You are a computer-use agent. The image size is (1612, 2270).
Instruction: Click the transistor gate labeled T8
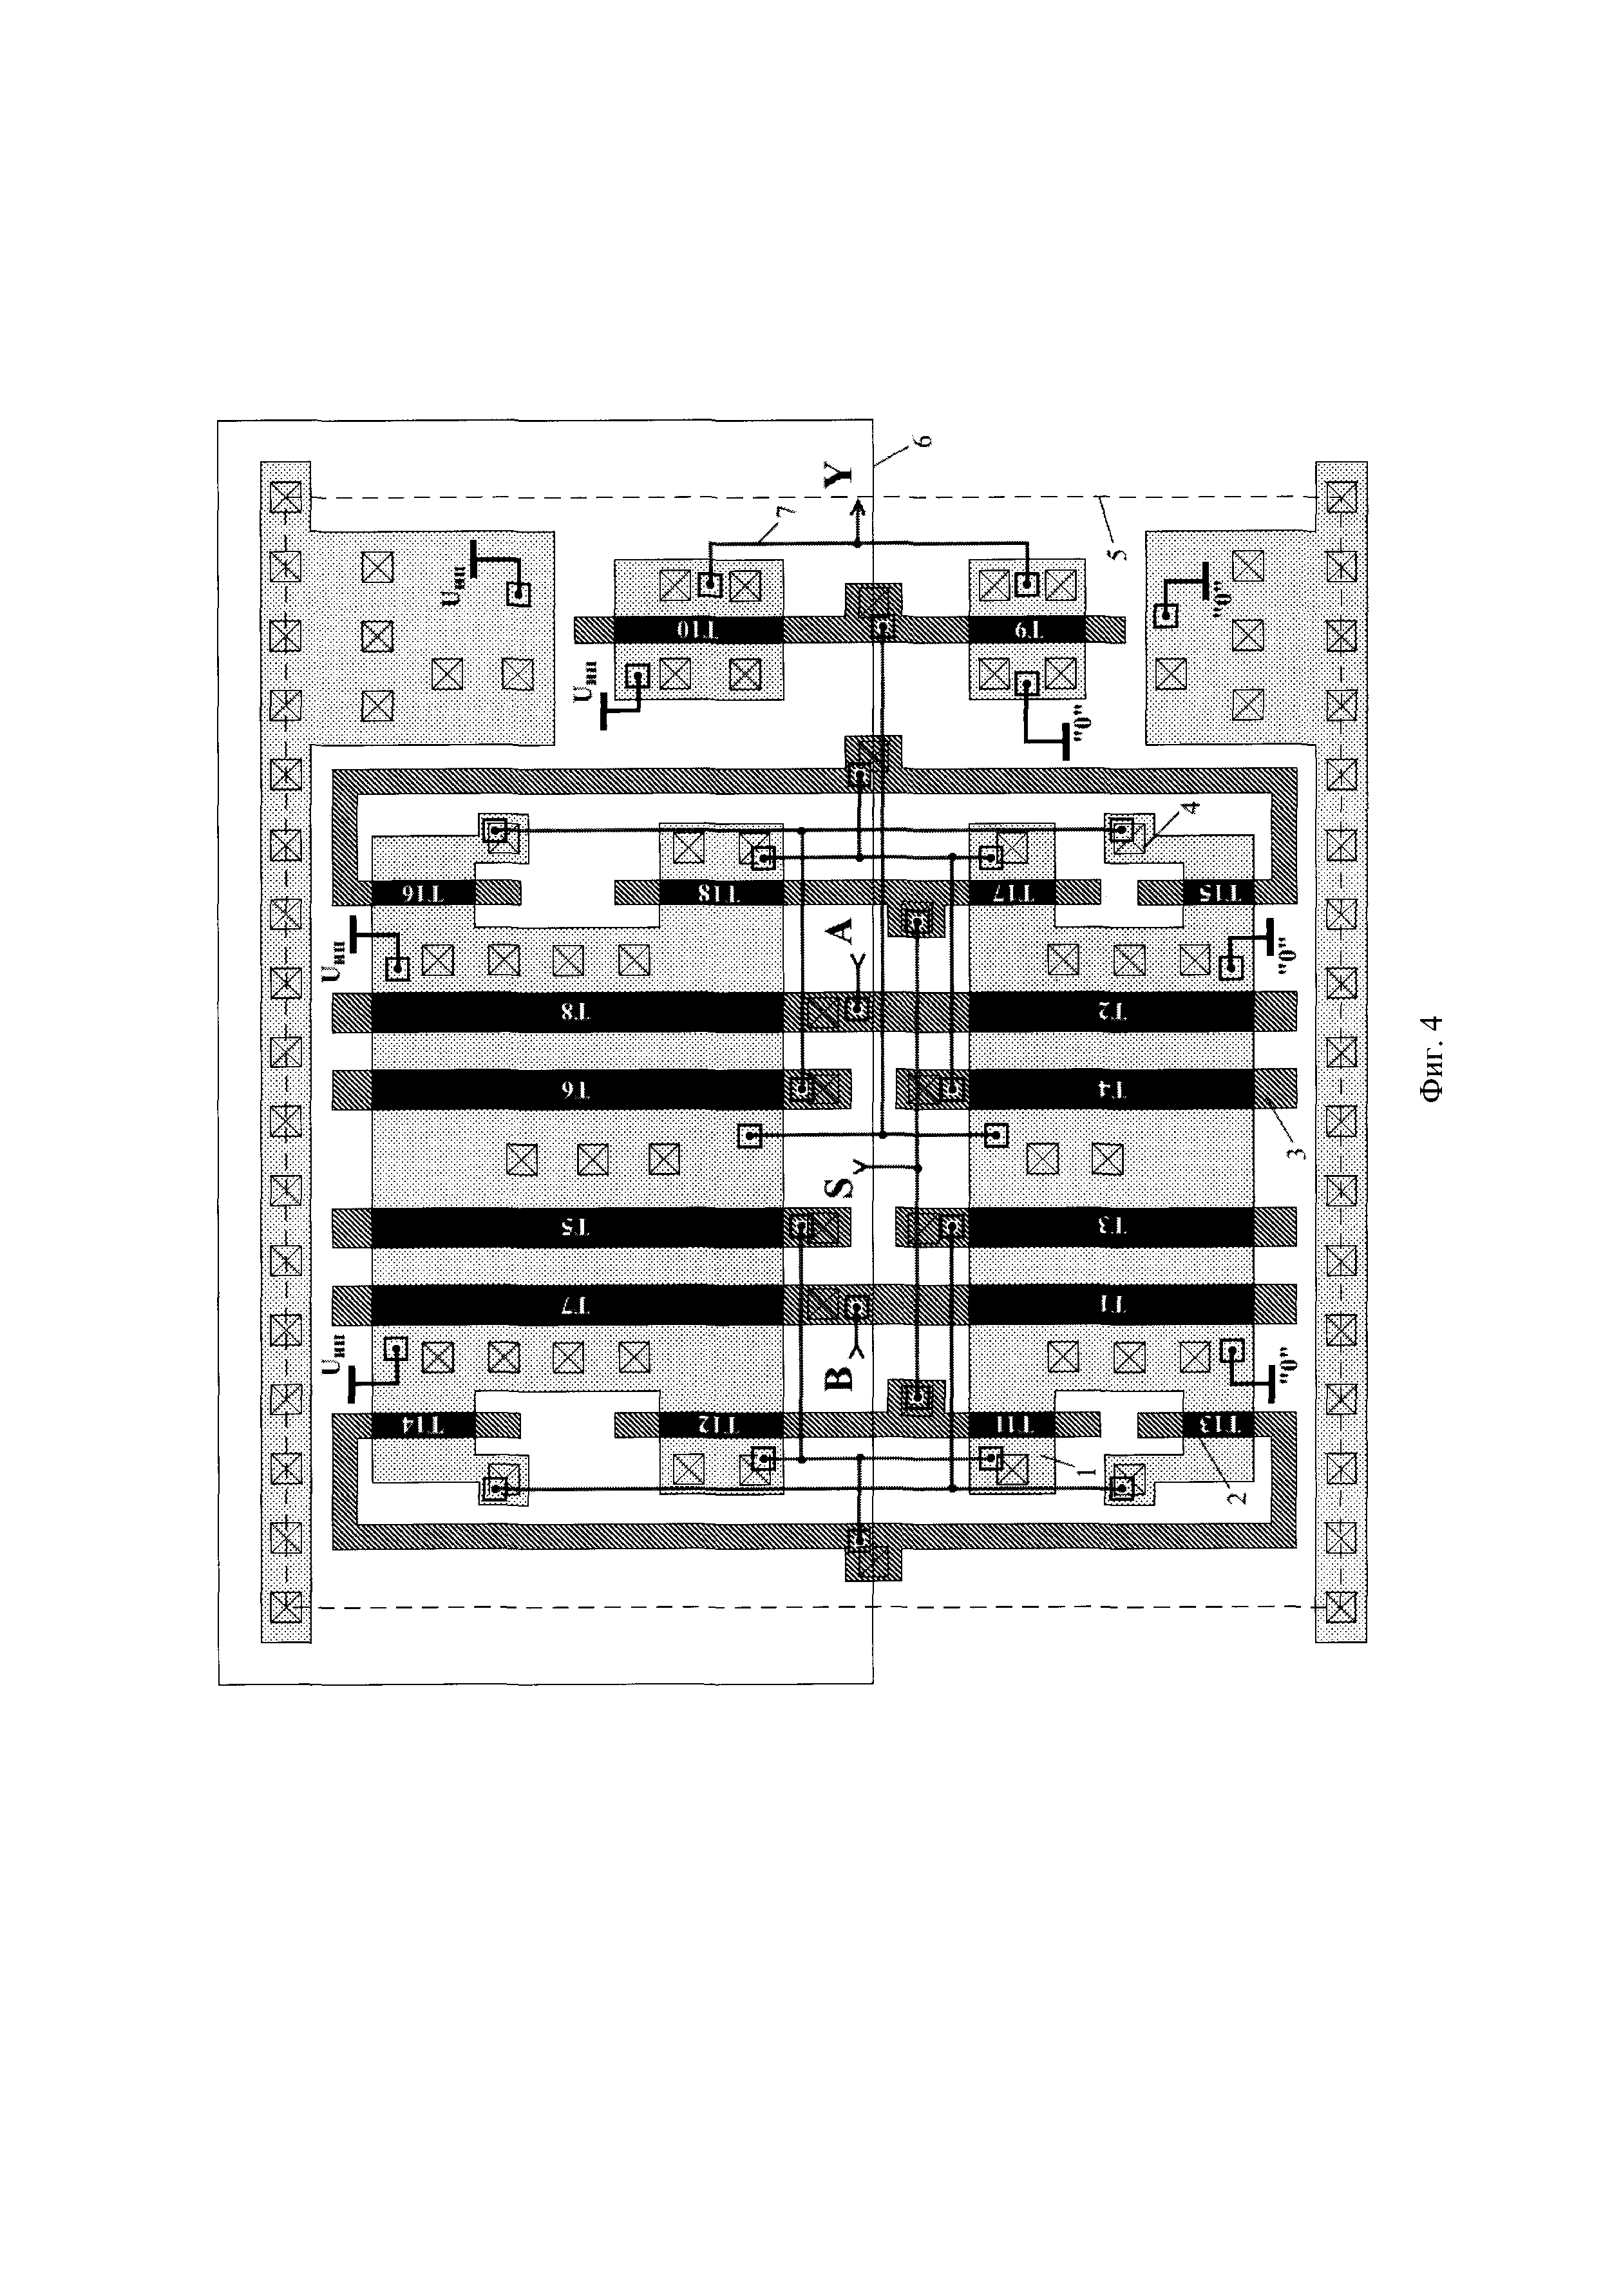[x=576, y=1013]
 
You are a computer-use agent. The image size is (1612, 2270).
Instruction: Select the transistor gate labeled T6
[x=576, y=1089]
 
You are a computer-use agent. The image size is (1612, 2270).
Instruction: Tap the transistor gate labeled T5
[x=576, y=1227]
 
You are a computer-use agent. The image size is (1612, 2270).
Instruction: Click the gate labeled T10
[x=698, y=630]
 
